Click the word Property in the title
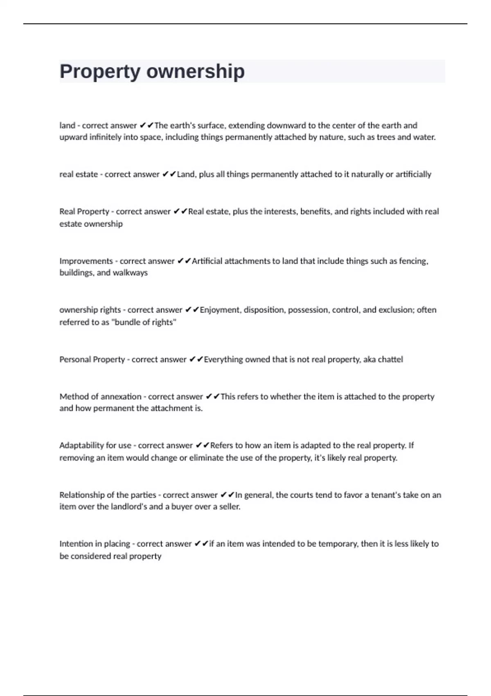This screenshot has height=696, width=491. (x=100, y=72)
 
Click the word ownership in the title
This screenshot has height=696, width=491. (x=195, y=72)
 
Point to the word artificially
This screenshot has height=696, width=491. (x=413, y=174)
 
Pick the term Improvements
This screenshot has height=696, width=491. (x=86, y=261)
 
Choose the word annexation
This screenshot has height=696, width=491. (x=121, y=397)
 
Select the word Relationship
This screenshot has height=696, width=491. (x=82, y=495)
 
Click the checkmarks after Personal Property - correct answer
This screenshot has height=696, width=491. (x=196, y=359)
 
